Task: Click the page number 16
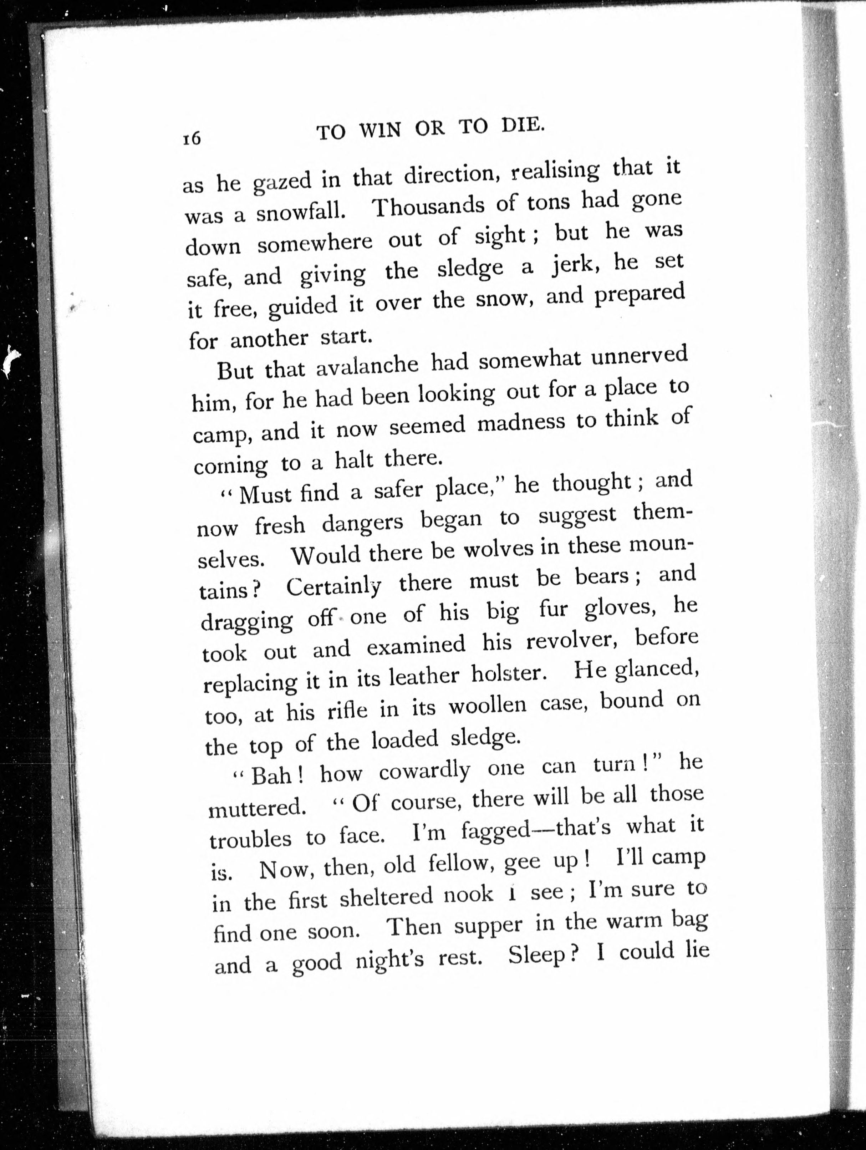[x=191, y=138]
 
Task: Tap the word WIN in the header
[x=380, y=130]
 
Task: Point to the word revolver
[x=571, y=642]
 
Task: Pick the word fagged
[x=495, y=831]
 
